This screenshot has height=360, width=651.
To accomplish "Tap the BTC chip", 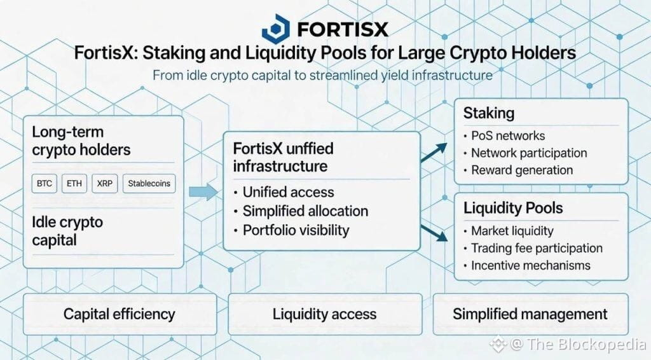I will click(x=45, y=184).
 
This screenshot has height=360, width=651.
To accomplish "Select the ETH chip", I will click(x=74, y=184).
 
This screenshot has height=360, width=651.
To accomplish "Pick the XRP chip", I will click(x=104, y=184).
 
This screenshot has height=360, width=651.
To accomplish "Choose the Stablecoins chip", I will click(x=149, y=184).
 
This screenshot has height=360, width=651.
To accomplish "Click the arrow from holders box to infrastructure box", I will click(x=202, y=191).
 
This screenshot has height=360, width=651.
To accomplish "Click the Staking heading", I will click(x=488, y=113).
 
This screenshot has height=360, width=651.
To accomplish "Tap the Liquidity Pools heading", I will click(x=513, y=208).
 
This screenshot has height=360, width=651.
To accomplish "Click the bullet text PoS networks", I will click(x=508, y=135).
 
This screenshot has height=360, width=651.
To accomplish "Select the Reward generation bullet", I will click(x=522, y=170).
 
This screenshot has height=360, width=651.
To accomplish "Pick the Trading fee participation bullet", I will click(x=537, y=248).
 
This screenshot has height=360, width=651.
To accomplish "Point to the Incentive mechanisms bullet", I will click(x=530, y=265).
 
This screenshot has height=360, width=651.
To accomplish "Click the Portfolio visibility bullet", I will click(x=296, y=230).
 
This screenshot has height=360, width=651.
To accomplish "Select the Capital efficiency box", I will click(x=119, y=314).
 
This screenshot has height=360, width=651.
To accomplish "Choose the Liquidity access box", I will click(x=324, y=314).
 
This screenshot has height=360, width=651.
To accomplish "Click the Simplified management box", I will click(x=530, y=314).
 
